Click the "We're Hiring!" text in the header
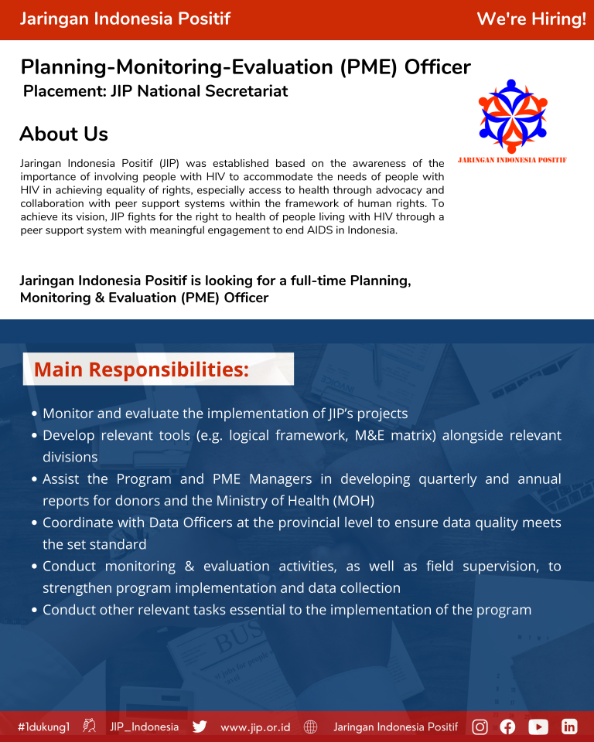point(531,19)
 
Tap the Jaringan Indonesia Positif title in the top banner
point(125,19)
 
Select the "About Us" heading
point(63,134)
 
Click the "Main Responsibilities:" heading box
point(159,369)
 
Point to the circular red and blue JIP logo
point(512,116)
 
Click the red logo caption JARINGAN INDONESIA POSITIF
point(512,160)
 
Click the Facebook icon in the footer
point(507,727)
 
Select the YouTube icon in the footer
point(538,727)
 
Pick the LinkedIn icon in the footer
point(569,727)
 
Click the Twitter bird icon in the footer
point(200,727)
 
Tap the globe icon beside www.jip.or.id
point(311,727)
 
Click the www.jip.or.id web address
point(255,727)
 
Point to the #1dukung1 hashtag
point(44,727)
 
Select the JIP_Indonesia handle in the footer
point(145,727)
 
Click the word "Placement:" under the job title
point(65,91)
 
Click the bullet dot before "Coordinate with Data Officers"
point(36,523)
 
